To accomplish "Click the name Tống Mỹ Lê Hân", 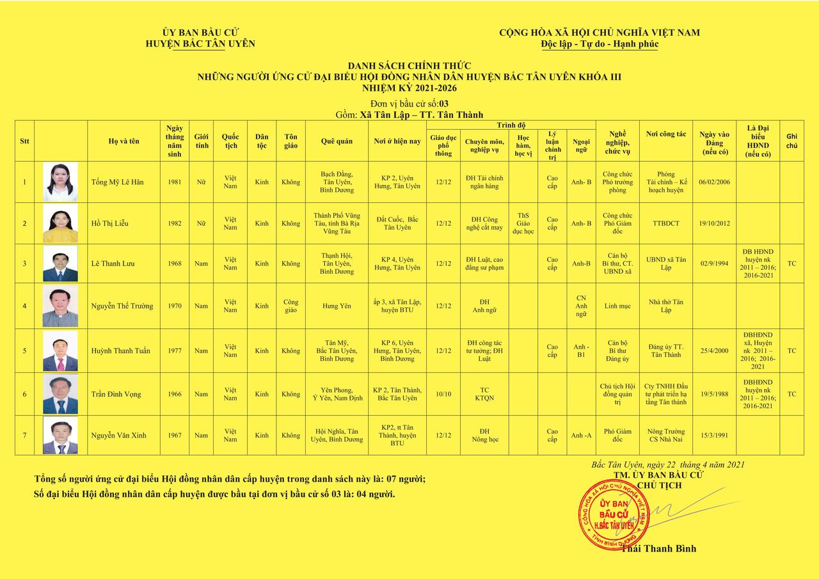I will pyautogui.click(x=117, y=182).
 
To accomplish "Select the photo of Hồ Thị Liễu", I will pyautogui.click(x=60, y=223).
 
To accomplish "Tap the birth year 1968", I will pyautogui.click(x=175, y=264).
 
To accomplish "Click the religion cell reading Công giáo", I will pyautogui.click(x=290, y=306).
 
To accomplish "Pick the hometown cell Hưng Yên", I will pyautogui.click(x=337, y=306).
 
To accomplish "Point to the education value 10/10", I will pyautogui.click(x=443, y=394).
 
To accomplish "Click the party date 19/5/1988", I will pyautogui.click(x=714, y=394).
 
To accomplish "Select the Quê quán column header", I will pyautogui.click(x=337, y=141).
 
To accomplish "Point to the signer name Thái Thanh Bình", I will pyautogui.click(x=658, y=548).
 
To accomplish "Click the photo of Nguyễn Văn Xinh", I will pyautogui.click(x=60, y=436).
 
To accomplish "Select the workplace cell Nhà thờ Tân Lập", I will pyautogui.click(x=665, y=306).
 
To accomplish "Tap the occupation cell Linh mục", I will pyautogui.click(x=617, y=306).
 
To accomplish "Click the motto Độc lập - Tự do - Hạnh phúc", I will pyautogui.click(x=599, y=44).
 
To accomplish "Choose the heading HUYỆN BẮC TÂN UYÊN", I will pyautogui.click(x=200, y=44).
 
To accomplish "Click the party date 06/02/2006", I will pyautogui.click(x=714, y=182).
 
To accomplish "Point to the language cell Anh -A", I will pyautogui.click(x=581, y=436).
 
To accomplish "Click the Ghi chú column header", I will pyautogui.click(x=791, y=141).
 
